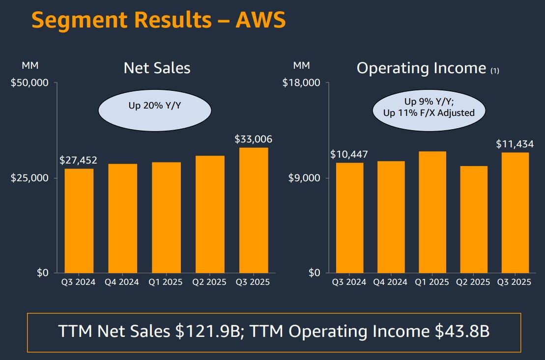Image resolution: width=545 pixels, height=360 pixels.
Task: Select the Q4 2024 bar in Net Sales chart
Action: (x=122, y=218)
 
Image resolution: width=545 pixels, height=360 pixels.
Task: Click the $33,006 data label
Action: (x=254, y=139)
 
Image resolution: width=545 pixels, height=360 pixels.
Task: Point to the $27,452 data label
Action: (x=79, y=160)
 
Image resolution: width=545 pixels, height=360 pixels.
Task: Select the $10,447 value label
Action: (x=349, y=155)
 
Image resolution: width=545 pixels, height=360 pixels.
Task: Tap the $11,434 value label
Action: (x=515, y=144)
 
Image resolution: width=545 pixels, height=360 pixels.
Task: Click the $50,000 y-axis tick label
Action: (x=30, y=83)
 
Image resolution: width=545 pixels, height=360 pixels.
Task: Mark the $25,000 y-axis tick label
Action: (x=30, y=178)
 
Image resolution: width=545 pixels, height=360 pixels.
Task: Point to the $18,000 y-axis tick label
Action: (x=301, y=83)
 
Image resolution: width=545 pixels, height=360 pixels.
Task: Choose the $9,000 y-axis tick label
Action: (x=305, y=178)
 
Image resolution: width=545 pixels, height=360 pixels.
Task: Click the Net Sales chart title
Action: (x=157, y=68)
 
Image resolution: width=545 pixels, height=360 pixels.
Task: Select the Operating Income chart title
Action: (x=421, y=68)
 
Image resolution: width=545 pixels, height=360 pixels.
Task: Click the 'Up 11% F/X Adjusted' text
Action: (x=429, y=113)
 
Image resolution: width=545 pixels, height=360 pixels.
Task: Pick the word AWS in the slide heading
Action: (x=260, y=21)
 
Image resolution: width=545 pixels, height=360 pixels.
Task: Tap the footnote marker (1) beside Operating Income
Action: (x=494, y=71)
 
